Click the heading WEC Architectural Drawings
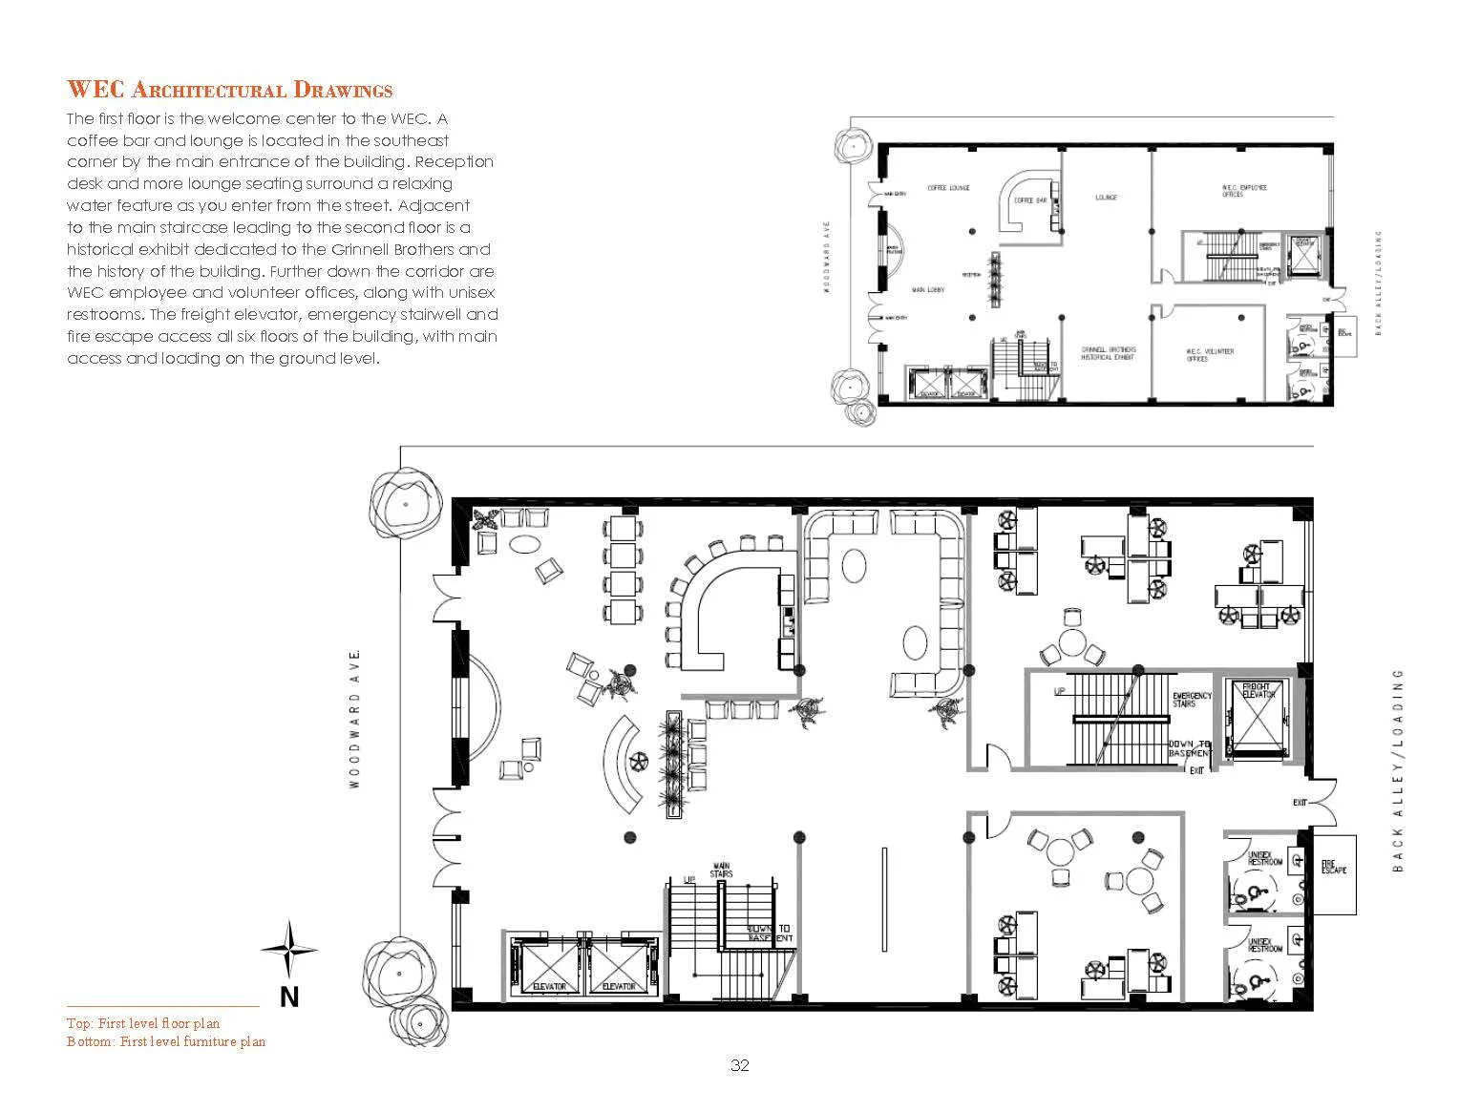229,91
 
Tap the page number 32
739,1066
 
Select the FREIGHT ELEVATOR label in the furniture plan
1259,690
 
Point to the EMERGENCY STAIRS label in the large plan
1192,700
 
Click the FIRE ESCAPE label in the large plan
1334,868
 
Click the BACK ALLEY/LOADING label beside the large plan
1398,769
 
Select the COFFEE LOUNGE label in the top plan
948,188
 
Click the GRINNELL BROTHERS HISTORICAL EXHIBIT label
1108,354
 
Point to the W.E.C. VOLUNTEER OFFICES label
1210,355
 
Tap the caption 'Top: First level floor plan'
143,1023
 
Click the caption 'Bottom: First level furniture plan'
166,1041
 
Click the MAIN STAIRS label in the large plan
721,871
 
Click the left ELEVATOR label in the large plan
549,986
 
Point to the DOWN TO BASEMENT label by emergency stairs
1190,748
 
